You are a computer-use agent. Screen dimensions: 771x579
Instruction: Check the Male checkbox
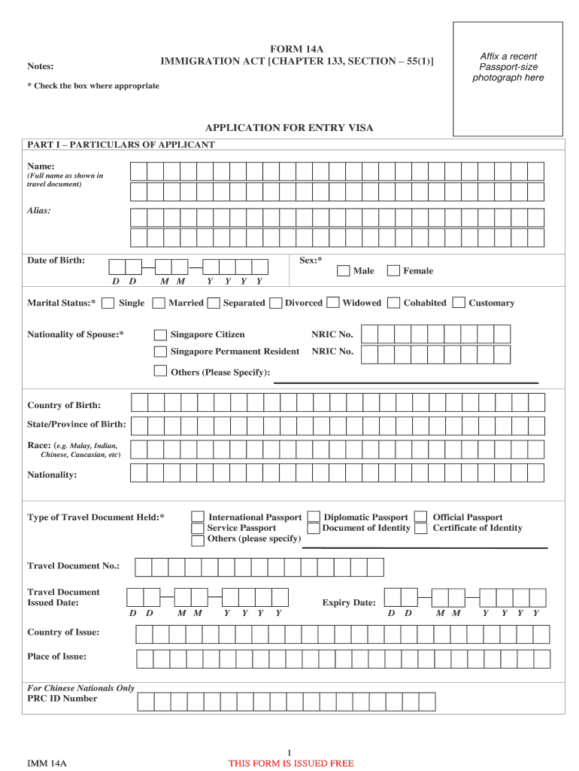point(343,270)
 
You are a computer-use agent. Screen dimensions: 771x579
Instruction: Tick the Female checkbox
point(392,270)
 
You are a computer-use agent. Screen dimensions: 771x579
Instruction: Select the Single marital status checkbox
point(108,303)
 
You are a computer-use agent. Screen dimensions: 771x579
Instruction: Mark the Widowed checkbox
point(332,303)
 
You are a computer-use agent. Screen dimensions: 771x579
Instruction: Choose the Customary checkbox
point(459,303)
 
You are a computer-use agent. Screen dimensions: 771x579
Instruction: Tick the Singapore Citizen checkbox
point(160,334)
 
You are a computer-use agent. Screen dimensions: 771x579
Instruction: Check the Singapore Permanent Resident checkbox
point(160,352)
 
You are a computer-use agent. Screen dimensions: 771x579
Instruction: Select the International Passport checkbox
point(197,517)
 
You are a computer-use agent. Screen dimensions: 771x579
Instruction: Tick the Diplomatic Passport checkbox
point(314,517)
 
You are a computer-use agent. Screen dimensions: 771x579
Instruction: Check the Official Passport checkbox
point(421,517)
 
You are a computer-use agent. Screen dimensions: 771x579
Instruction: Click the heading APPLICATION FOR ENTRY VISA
point(289,128)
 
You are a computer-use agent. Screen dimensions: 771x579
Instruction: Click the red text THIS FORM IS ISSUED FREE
point(291,763)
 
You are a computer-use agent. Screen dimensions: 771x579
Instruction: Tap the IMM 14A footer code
point(47,763)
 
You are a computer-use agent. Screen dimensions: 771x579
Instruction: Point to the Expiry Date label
point(349,603)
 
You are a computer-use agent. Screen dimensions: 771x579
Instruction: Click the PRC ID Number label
point(62,699)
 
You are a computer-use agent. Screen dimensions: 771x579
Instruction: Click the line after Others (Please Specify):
point(406,382)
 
